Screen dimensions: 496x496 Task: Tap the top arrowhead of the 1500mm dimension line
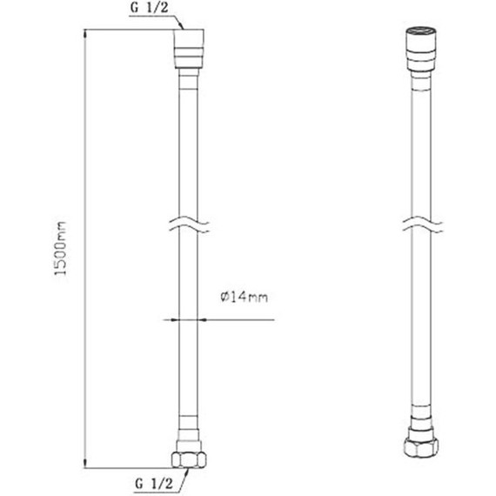click(84, 33)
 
